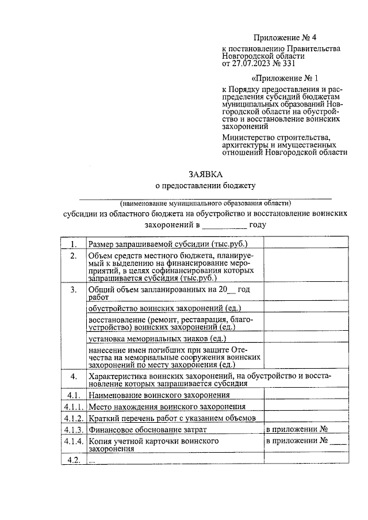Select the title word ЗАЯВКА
pyautogui.click(x=205, y=174)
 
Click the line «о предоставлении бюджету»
pyautogui.click(x=205, y=185)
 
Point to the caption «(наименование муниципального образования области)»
pyautogui.click(x=205, y=203)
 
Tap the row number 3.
pyautogui.click(x=73, y=290)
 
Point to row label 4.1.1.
pyautogui.click(x=73, y=407)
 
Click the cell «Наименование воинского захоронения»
pyautogui.click(x=159, y=395)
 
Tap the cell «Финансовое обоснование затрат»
pyautogui.click(x=147, y=429)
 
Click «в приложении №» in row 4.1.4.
pyautogui.click(x=296, y=441)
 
